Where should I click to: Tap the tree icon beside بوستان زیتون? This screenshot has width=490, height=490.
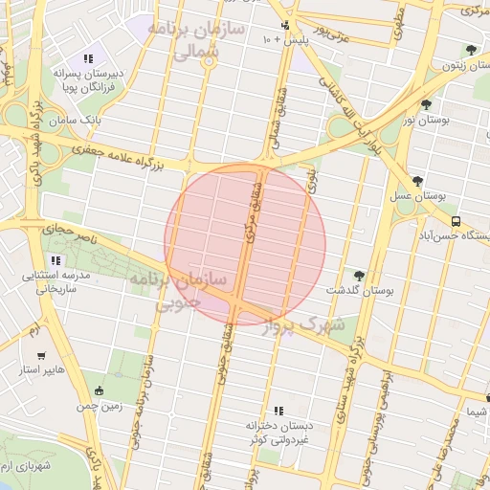pos(469,51)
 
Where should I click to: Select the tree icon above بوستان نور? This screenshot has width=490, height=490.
pos(426,105)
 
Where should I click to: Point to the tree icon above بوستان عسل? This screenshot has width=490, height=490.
pos(416,180)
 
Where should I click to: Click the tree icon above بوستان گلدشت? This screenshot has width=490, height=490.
pos(360,275)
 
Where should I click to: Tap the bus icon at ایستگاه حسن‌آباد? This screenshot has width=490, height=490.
pos(456,219)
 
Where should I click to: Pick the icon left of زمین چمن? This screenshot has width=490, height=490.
pos(99,390)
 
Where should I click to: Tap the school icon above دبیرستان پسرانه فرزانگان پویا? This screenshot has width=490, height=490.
pos(88,58)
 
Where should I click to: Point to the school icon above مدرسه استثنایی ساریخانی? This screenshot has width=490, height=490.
pos(56,260)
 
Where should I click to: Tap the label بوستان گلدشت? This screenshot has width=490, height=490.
pos(360,289)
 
